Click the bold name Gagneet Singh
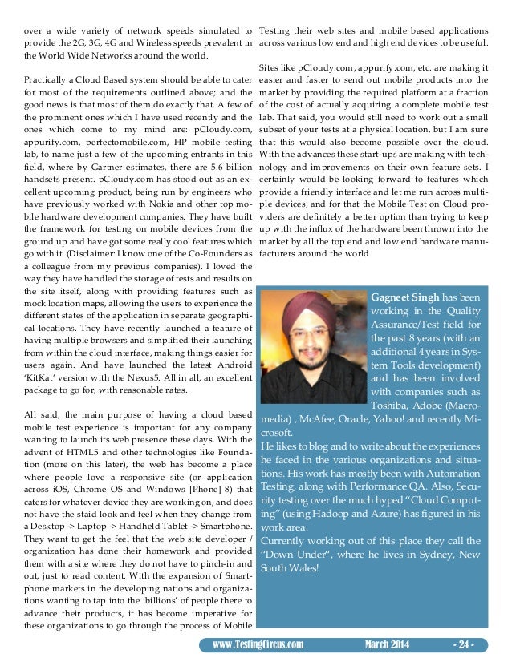[405, 297]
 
